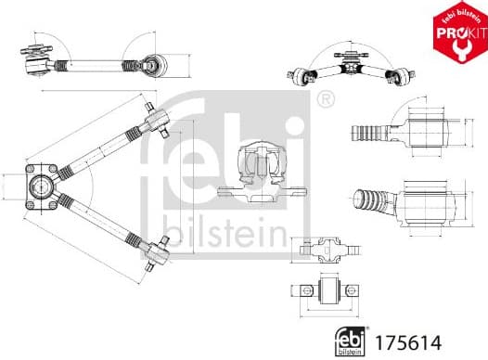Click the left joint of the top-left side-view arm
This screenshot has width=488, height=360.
pos(38,58)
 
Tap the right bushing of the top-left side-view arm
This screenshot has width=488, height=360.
pos(153,65)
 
